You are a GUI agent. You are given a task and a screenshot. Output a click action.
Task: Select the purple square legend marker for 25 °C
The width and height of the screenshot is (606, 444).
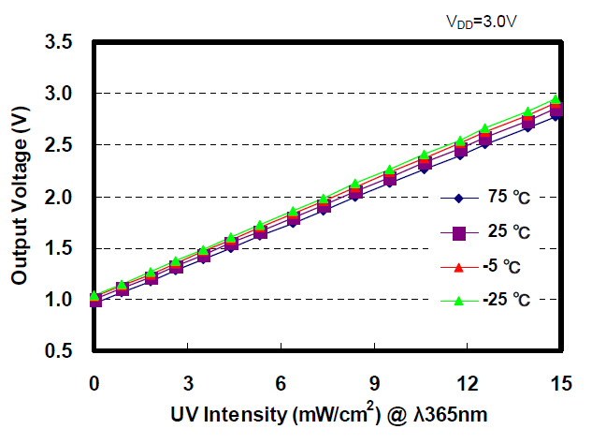coord(458,232)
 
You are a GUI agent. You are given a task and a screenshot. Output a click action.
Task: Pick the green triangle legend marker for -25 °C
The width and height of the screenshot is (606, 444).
coord(458,301)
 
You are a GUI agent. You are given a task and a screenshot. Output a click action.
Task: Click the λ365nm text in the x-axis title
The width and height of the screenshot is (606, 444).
coord(448,414)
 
